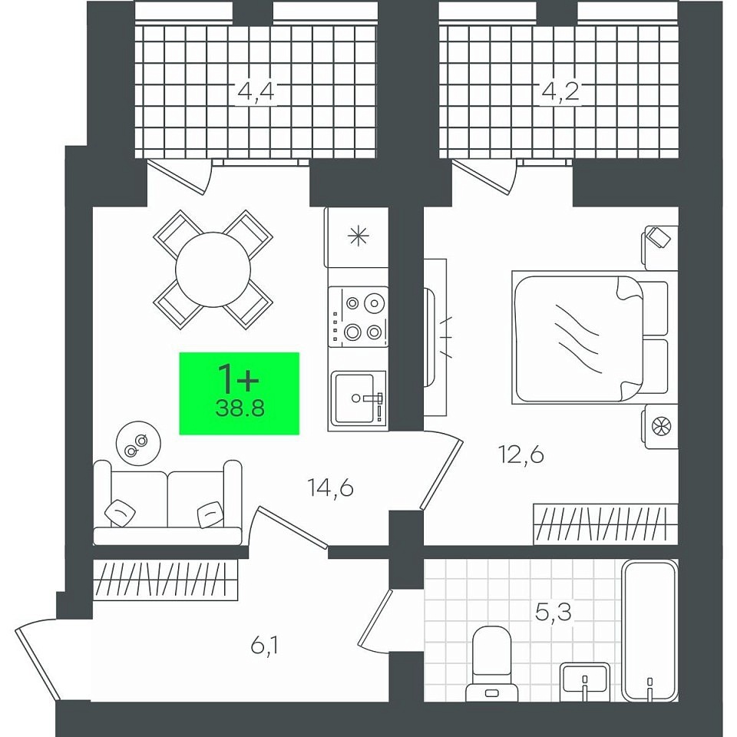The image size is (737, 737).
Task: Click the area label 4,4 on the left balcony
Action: click(256, 91)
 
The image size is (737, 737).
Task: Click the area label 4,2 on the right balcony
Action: click(560, 91)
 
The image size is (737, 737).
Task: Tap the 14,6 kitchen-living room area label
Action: click(330, 488)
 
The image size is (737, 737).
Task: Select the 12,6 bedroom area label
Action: click(521, 454)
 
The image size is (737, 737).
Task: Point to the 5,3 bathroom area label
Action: click(554, 613)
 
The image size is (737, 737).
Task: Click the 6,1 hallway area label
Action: click(265, 646)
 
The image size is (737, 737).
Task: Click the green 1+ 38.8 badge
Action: click(240, 393)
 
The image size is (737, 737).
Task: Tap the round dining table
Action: click(213, 269)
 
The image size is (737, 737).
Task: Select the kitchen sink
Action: click(359, 398)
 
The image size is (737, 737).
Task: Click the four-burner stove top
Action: click(359, 317)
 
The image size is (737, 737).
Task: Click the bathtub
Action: click(649, 630)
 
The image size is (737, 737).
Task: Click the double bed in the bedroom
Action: click(590, 338)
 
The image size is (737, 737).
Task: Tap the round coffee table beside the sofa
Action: click(138, 443)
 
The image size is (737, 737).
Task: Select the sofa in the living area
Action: click(168, 502)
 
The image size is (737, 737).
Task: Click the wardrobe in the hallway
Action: click(166, 580)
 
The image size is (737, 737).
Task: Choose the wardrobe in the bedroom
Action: click(606, 524)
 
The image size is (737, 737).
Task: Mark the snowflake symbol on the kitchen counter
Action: click(358, 236)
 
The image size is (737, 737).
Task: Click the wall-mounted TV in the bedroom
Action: click(429, 338)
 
